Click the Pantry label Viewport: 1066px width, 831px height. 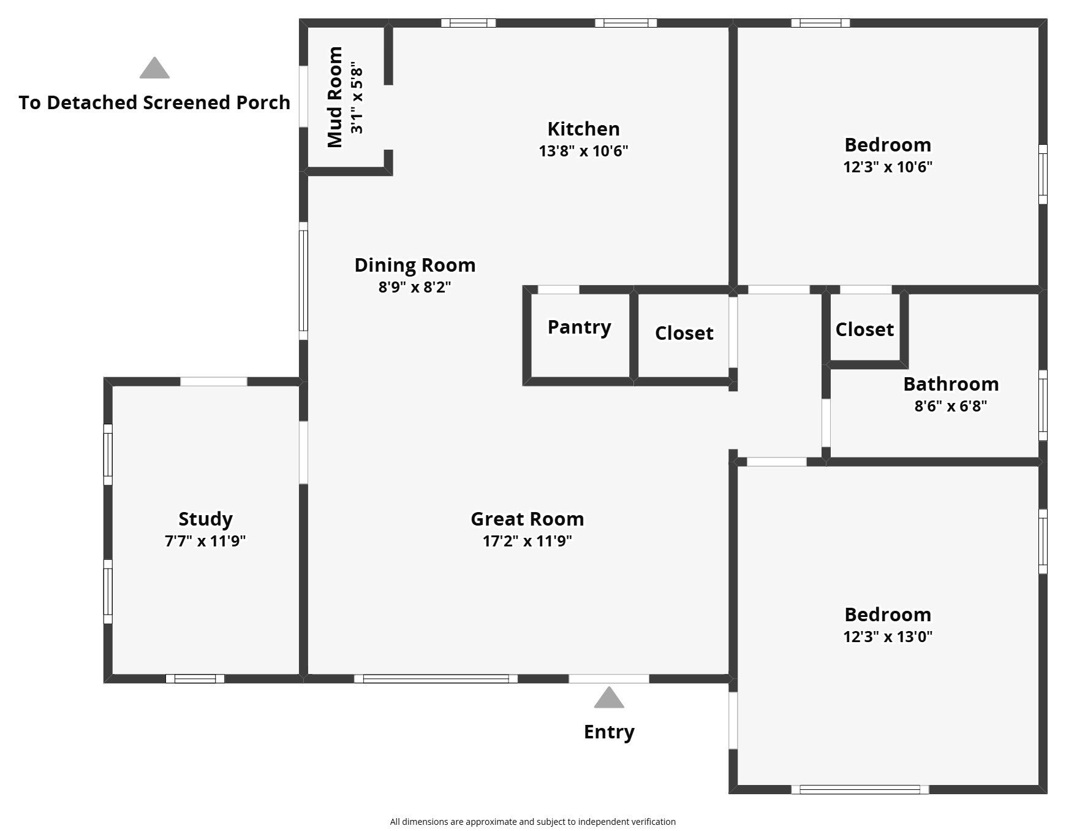click(579, 327)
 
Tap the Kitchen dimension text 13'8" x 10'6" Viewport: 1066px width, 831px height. click(583, 151)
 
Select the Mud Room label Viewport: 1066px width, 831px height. click(335, 97)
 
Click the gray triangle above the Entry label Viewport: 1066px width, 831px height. click(608, 698)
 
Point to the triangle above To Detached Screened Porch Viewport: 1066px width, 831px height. click(154, 69)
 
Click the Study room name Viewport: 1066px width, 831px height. click(205, 519)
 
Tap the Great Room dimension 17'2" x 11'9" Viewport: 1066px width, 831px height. click(527, 541)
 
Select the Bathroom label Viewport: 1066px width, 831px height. click(951, 384)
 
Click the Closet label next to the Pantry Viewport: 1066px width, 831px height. click(684, 333)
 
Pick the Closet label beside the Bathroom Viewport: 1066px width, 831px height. click(864, 329)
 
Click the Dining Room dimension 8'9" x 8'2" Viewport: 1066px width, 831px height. click(415, 287)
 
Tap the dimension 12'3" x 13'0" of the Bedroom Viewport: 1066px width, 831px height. click(888, 637)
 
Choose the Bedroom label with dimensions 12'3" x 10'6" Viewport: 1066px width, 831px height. click(888, 145)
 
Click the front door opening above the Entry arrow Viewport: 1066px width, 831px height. click(608, 678)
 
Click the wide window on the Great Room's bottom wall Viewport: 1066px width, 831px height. click(436, 678)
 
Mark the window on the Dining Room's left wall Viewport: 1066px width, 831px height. click(303, 281)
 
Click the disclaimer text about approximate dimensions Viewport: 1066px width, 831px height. click(532, 822)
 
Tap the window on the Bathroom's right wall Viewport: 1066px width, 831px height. click(1043, 405)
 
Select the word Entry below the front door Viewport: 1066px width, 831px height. click(608, 732)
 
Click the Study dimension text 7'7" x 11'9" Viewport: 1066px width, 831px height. click(205, 541)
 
